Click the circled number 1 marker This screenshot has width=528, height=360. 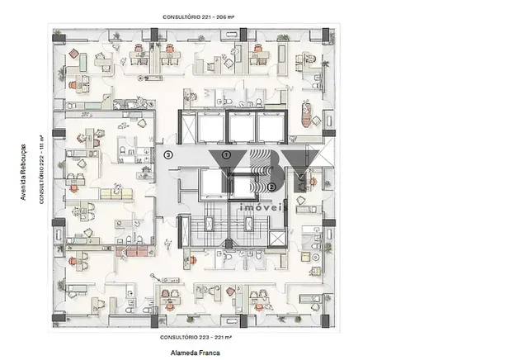227,155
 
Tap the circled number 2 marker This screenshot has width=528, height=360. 271,187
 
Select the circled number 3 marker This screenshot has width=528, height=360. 168,155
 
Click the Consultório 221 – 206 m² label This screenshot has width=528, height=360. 198,17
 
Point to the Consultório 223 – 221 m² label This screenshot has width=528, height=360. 196,337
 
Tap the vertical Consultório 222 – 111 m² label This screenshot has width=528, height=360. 42,169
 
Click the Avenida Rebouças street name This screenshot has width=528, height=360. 23,172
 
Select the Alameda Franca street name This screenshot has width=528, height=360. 196,353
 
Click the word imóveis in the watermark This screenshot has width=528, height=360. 264,207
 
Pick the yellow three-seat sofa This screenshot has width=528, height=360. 116,194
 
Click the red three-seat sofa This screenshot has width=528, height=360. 132,252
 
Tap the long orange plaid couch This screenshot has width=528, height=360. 306,115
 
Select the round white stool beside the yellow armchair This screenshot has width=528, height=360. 316,258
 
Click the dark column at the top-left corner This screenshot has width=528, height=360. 59,37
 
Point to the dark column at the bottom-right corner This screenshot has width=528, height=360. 325,321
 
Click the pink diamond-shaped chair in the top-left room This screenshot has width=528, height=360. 73,54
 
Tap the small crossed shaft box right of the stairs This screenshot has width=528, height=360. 277,239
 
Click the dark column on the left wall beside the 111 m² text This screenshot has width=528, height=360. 59,133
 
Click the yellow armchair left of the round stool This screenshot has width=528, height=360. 305,258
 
